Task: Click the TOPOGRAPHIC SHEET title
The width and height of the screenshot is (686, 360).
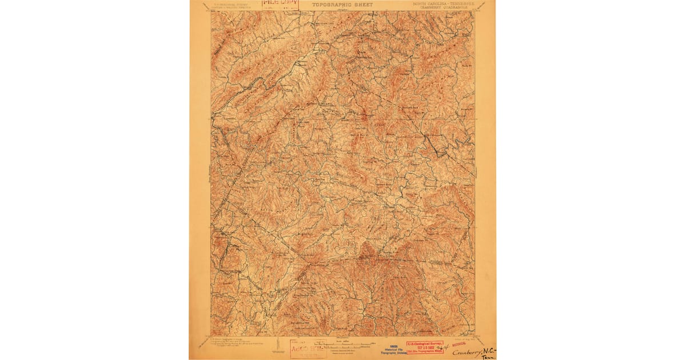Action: pyautogui.click(x=342, y=5)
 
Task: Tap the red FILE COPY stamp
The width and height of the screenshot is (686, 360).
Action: pyautogui.click(x=280, y=4)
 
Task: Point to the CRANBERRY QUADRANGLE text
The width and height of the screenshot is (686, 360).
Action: pyautogui.click(x=444, y=8)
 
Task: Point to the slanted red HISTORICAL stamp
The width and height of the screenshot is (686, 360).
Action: pyautogui.click(x=459, y=345)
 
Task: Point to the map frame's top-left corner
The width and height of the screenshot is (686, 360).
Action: pyautogui.click(x=211, y=11)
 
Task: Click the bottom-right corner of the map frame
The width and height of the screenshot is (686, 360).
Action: pyautogui.click(x=475, y=336)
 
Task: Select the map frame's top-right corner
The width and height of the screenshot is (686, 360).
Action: pyautogui.click(x=475, y=11)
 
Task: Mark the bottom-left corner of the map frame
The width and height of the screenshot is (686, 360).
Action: pyautogui.click(x=211, y=336)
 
